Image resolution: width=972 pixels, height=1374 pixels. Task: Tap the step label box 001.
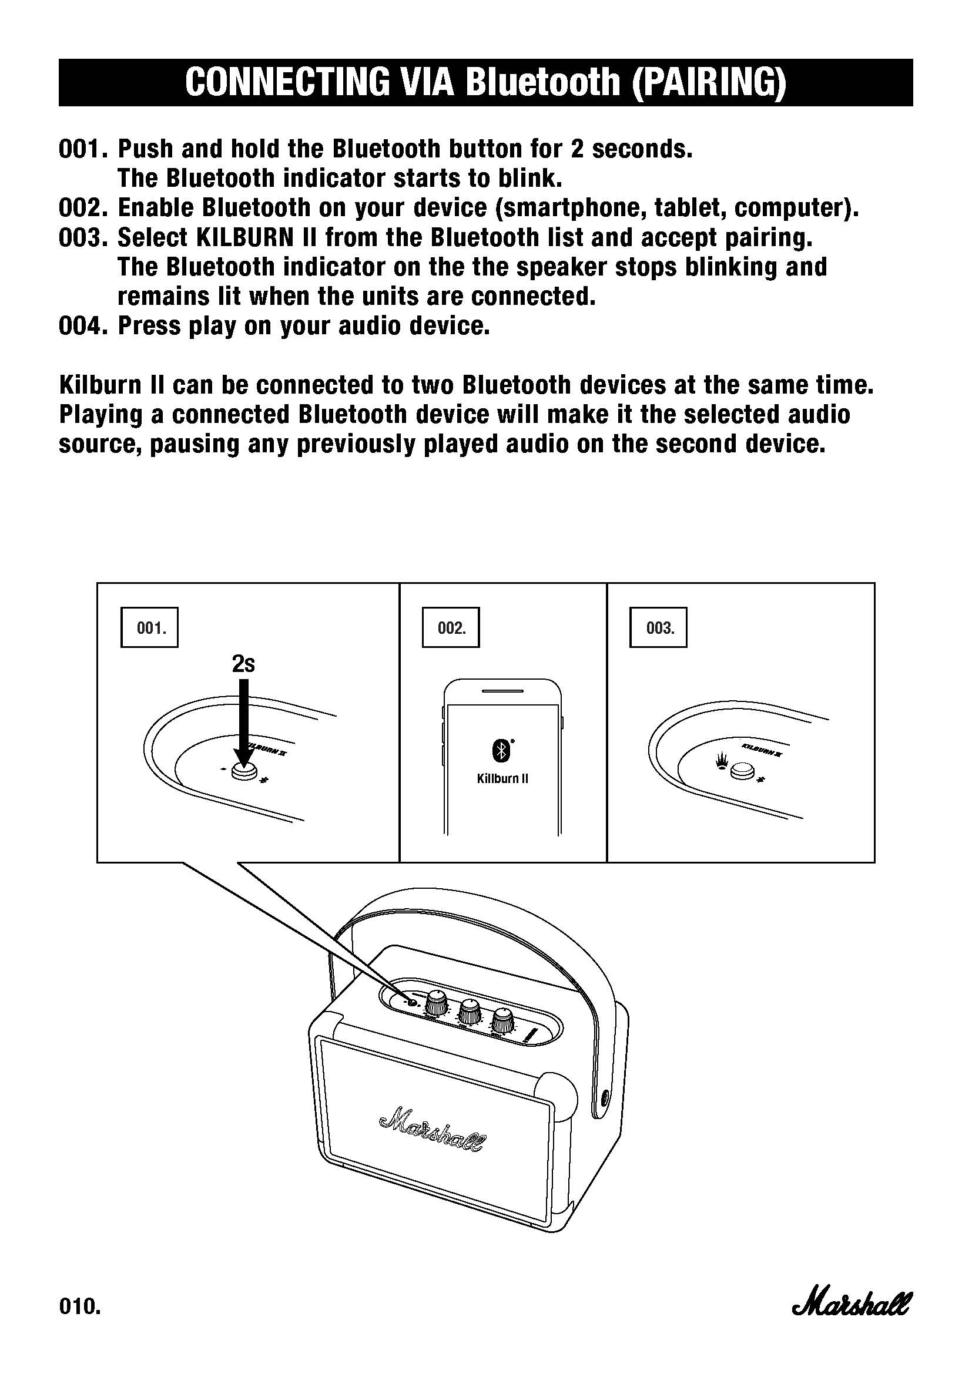tap(150, 628)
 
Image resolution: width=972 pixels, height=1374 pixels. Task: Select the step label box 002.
tap(451, 628)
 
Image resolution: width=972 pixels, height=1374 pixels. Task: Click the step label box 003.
tap(658, 628)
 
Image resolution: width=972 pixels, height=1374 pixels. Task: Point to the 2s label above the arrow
tap(243, 664)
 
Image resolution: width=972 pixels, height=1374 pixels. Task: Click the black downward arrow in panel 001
tap(243, 724)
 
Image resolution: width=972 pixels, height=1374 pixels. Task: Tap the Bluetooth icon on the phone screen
tap(501, 751)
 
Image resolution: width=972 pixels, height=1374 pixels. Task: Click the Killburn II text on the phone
tap(503, 778)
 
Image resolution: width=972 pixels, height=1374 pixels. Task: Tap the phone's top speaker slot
tap(503, 690)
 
